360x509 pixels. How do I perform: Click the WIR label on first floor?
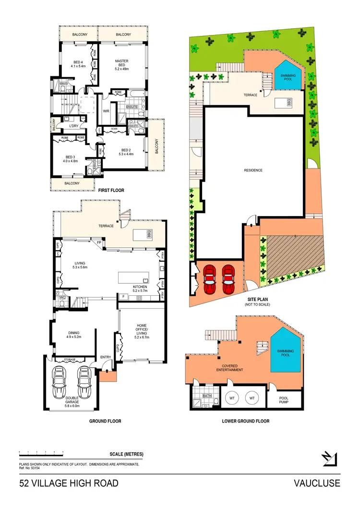point(106,111)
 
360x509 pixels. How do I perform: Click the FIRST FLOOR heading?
point(111,191)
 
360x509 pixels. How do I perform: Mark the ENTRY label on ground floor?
point(106,357)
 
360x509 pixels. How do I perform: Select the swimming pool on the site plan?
point(288,75)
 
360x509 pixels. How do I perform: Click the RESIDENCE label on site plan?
point(253,170)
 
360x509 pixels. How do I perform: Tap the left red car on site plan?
point(210,279)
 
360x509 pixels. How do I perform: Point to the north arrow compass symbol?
point(329,459)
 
